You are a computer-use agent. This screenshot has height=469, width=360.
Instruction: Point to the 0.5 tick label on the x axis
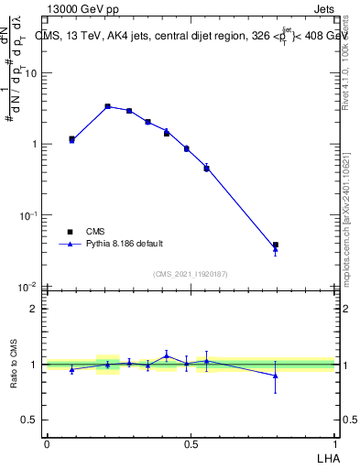(191, 443)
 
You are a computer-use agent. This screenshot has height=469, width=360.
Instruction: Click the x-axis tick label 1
(335, 443)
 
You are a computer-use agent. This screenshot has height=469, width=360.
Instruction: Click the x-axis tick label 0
(47, 443)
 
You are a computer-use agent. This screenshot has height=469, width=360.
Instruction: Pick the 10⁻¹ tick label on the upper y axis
(29, 215)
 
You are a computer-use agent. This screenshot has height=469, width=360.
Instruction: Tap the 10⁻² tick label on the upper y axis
(29, 287)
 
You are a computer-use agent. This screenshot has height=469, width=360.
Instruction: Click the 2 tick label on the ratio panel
(35, 309)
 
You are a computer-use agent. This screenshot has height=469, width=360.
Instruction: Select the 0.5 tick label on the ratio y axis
(31, 420)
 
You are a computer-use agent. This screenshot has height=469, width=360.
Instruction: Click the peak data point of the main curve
(107, 106)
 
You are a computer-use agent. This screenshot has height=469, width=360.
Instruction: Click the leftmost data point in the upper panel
(71, 139)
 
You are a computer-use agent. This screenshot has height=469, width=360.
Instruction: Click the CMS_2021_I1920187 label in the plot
(190, 274)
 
